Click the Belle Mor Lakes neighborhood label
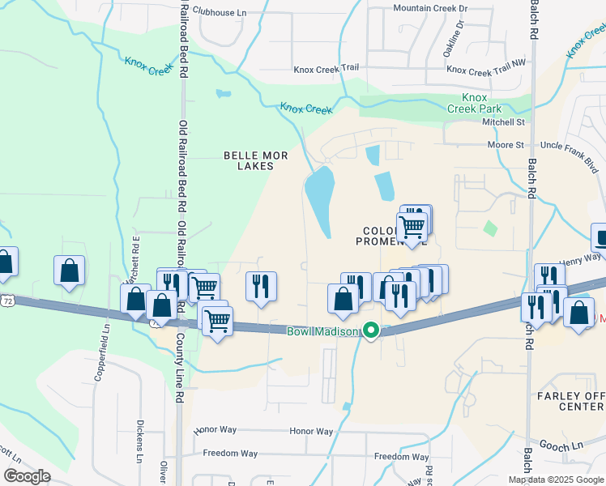[x=249, y=160]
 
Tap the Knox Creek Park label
[x=481, y=103]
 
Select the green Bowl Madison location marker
[x=371, y=330]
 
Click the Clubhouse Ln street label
[x=219, y=13]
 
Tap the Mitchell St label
[x=504, y=122]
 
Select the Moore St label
[x=505, y=145]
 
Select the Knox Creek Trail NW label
[x=480, y=71]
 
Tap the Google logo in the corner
[x=27, y=476]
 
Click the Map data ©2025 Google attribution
[x=555, y=480]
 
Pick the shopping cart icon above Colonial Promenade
[x=413, y=225]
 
